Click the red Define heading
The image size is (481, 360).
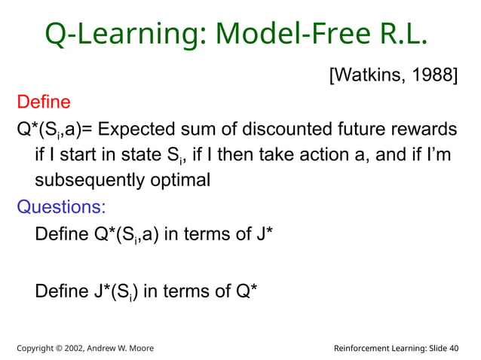[x=43, y=102]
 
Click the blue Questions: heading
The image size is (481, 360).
[x=61, y=206]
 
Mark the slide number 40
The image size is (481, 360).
[x=452, y=347]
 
